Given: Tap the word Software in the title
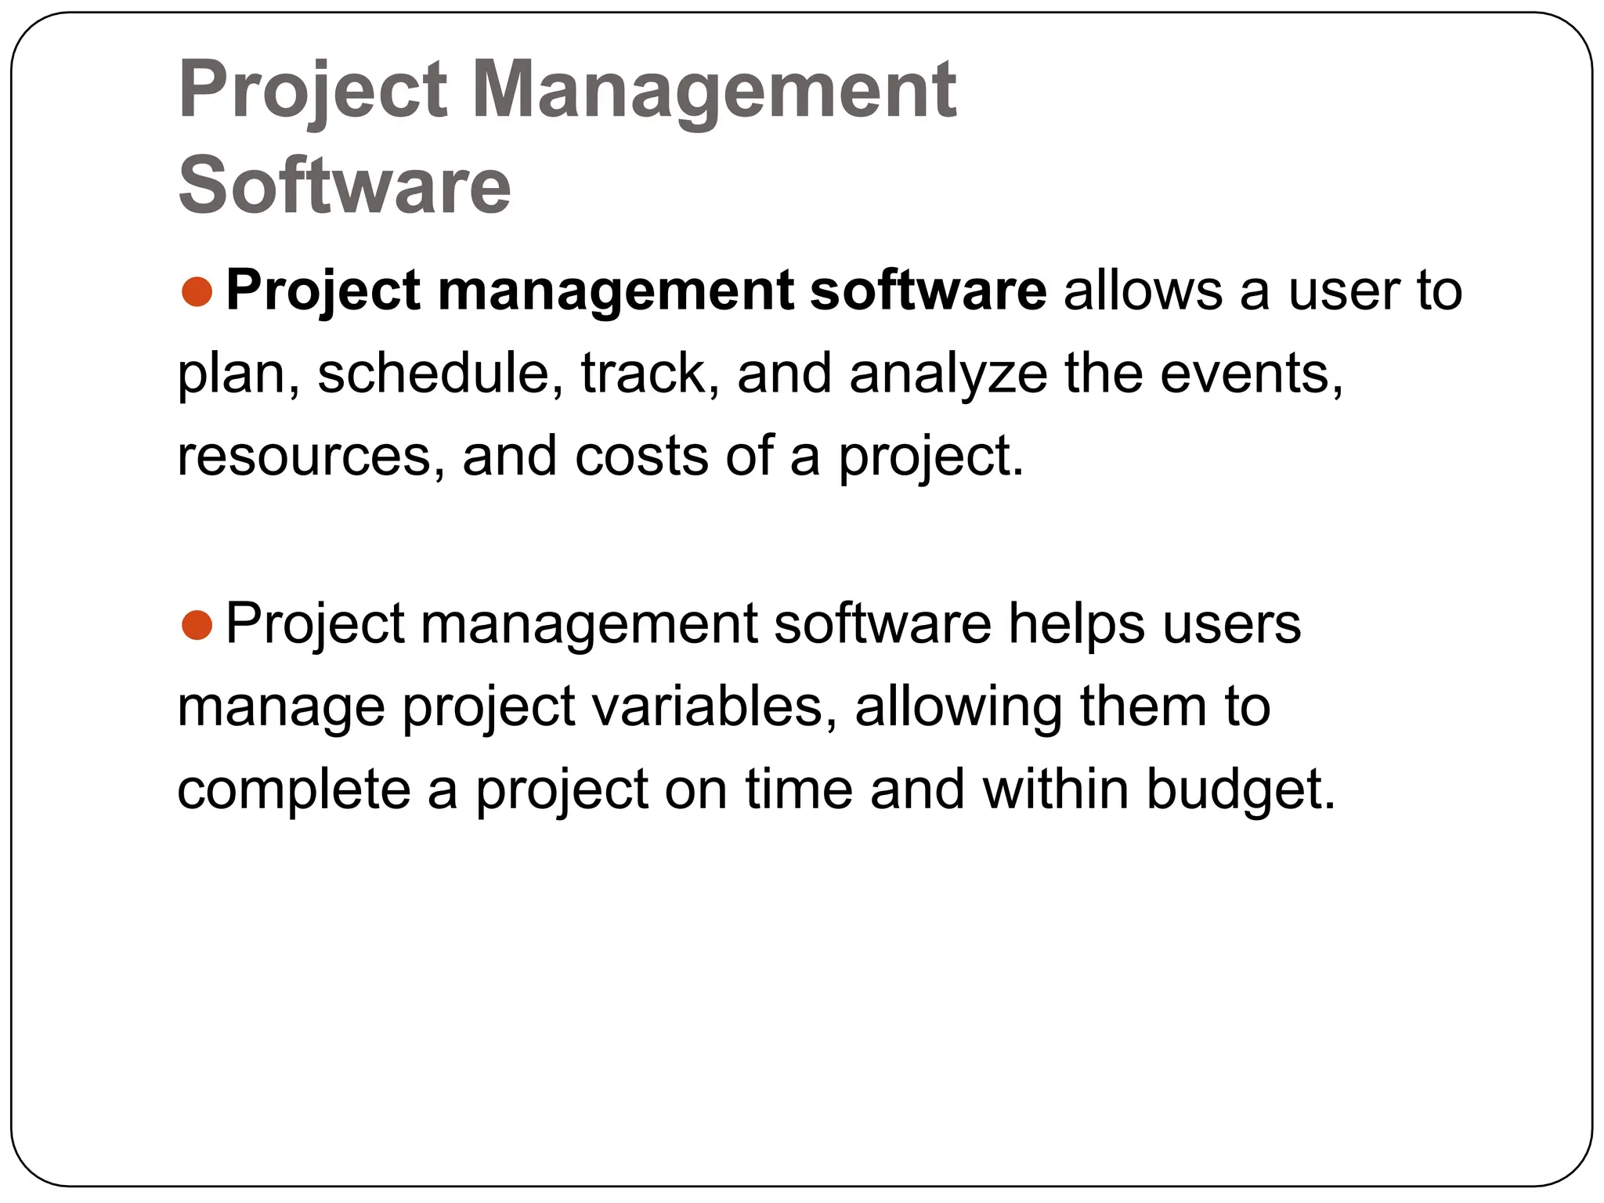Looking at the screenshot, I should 345,186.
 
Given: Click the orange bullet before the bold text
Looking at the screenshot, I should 197,291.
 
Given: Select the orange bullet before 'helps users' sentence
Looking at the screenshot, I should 197,625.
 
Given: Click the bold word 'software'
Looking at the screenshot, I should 928,291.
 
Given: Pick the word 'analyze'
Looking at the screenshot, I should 948,374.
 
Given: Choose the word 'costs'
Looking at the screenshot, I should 641,457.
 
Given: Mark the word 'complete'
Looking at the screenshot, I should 294,790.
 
